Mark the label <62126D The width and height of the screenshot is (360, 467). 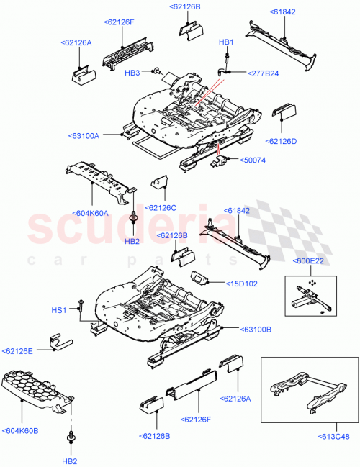point(281,141)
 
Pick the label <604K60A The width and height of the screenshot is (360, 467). point(91,213)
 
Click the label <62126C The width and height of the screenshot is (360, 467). point(161,207)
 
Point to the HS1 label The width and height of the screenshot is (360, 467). point(58,309)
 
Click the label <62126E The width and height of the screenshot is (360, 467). point(19,351)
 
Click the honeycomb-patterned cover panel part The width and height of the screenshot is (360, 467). point(37,389)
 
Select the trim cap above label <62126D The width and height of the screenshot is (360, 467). point(283,109)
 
